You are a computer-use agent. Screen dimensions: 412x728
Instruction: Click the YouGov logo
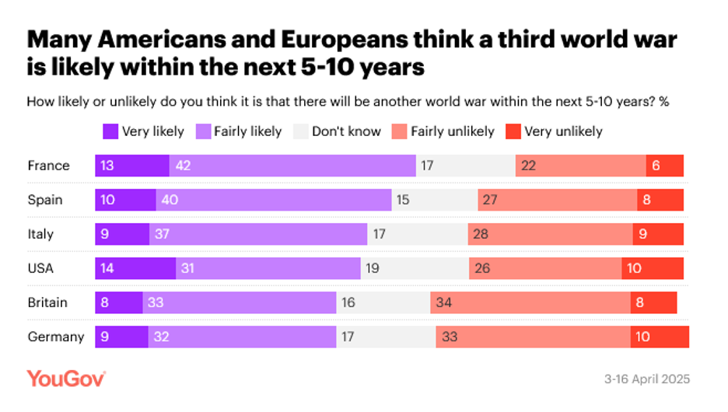(66, 379)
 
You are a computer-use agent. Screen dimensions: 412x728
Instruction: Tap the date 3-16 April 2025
(647, 379)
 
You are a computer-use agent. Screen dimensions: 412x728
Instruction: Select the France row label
(48, 166)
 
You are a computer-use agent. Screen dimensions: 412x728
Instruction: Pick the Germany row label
(54, 337)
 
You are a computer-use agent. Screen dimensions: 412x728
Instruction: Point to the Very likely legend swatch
(110, 131)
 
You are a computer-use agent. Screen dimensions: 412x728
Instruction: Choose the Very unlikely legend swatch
(513, 131)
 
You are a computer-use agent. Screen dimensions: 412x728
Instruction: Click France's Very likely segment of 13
(132, 166)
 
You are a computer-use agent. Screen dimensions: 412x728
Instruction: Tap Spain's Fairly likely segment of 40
(273, 200)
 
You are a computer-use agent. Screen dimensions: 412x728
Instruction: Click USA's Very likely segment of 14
(135, 268)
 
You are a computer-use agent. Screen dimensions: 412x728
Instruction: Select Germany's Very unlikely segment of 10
(660, 337)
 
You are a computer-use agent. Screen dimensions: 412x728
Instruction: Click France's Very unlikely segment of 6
(665, 166)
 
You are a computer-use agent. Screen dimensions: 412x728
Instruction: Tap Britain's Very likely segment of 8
(119, 302)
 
